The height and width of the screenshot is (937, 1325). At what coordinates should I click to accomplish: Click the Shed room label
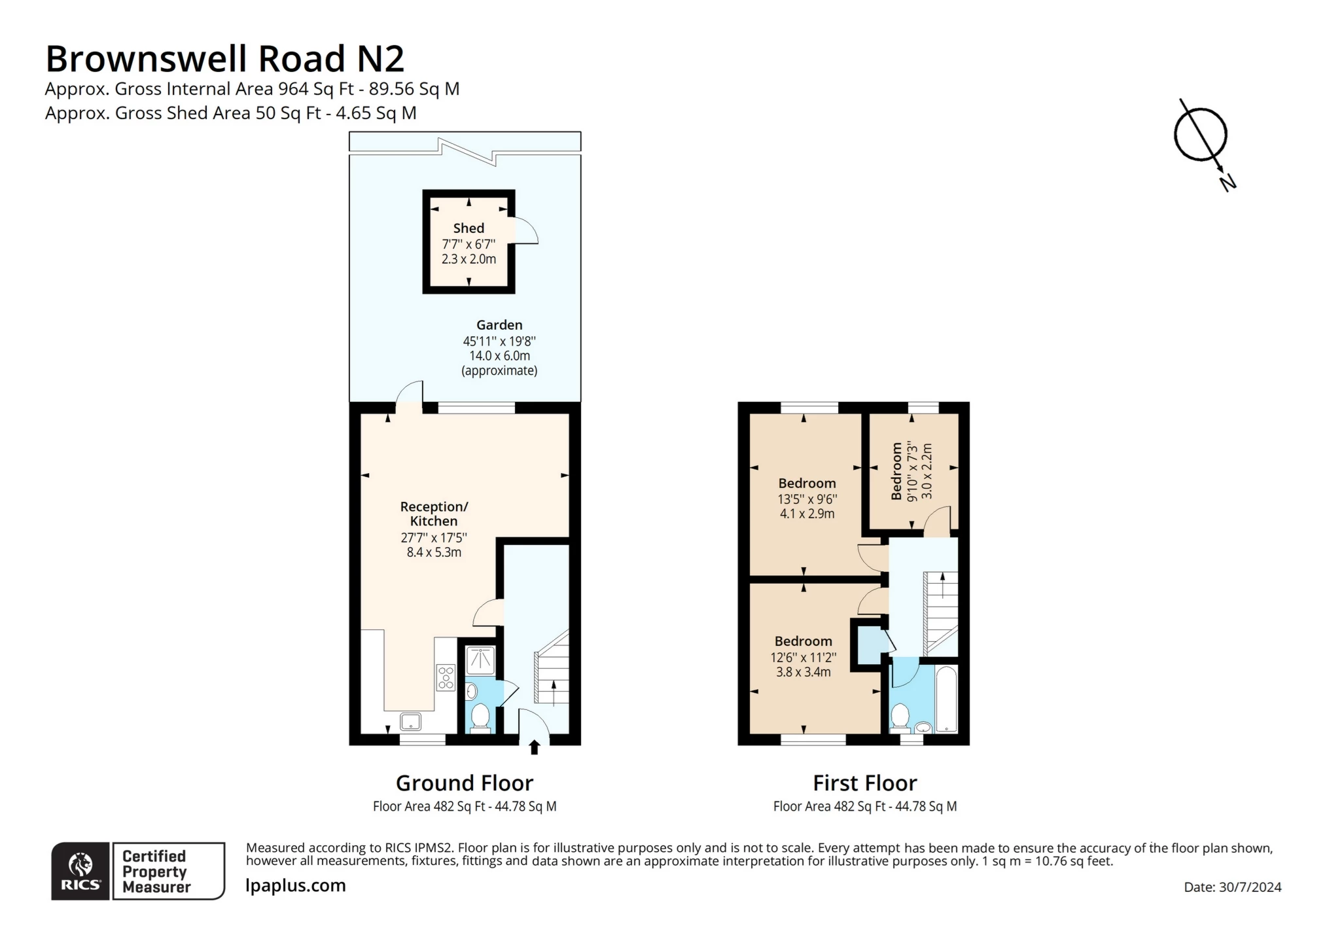tap(468, 228)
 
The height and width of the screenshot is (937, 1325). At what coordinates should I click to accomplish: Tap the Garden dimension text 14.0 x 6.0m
tap(499, 356)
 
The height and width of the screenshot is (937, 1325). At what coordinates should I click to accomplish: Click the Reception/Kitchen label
tap(434, 514)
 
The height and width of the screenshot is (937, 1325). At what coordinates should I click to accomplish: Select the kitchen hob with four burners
tap(446, 677)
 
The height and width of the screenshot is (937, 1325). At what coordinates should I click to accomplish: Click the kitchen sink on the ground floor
tap(411, 722)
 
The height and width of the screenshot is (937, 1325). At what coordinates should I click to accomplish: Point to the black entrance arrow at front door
tap(534, 747)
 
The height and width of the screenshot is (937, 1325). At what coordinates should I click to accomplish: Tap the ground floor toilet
tap(480, 716)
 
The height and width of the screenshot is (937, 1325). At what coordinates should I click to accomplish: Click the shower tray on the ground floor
tap(480, 660)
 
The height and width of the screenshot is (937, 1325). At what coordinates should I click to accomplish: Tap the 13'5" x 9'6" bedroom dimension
tap(807, 499)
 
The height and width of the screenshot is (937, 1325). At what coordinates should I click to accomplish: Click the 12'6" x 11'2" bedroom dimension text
tap(803, 657)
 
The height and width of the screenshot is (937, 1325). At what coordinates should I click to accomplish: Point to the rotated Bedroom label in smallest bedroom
tap(896, 471)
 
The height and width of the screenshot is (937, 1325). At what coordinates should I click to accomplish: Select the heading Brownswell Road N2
tap(224, 59)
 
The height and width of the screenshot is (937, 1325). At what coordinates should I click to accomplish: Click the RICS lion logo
tap(80, 870)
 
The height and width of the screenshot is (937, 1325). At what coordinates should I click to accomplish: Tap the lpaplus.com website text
tap(296, 885)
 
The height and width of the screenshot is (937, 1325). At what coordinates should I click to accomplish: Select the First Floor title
tap(864, 783)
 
